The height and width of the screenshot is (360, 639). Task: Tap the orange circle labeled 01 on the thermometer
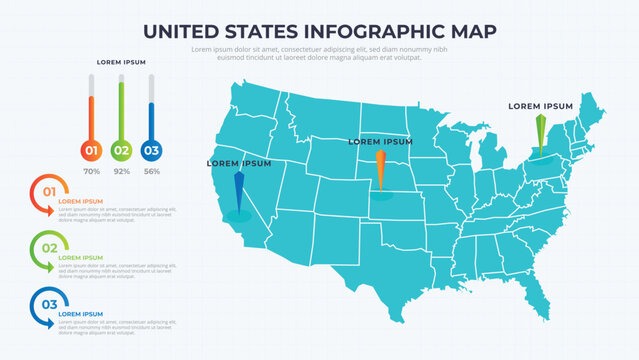coord(91,151)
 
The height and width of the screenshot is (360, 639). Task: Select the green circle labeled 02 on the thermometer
coord(121,151)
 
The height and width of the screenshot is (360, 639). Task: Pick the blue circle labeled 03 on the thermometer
coord(151,151)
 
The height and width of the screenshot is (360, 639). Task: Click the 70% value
coord(91,172)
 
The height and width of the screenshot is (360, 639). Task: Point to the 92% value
coord(122,172)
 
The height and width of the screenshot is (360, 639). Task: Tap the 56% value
coord(152,172)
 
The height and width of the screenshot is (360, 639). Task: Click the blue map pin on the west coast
coord(238,190)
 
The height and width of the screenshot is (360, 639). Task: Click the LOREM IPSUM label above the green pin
coord(540,105)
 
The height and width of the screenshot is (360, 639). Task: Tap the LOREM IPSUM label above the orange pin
coord(380,142)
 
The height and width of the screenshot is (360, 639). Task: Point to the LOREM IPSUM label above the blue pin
coord(239,163)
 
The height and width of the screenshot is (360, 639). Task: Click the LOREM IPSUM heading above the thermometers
coord(121,62)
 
